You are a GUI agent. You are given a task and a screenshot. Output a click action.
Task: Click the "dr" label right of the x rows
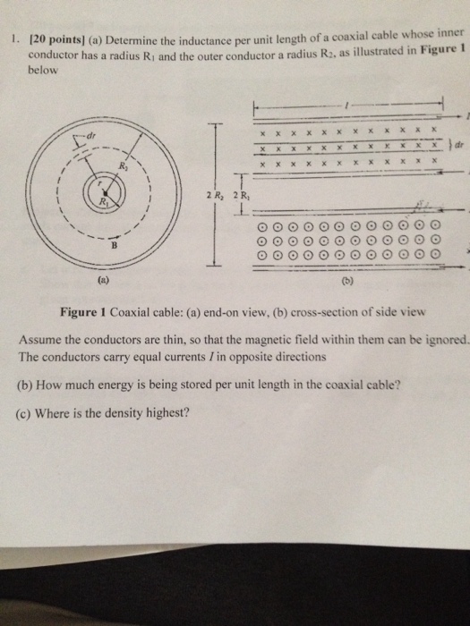pyautogui.click(x=459, y=144)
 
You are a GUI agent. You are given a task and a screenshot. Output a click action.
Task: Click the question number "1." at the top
pyautogui.click(x=14, y=39)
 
